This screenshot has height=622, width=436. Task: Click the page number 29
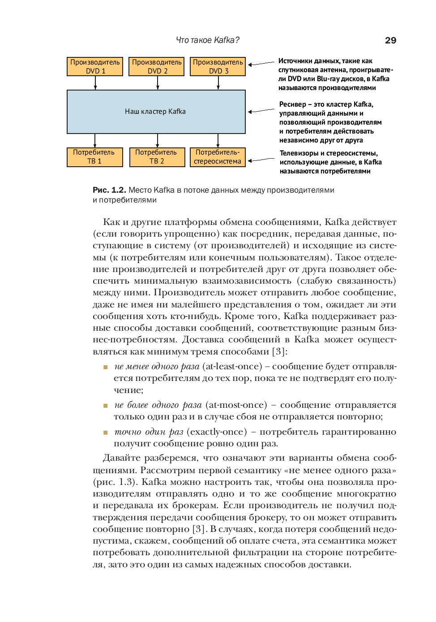click(390, 40)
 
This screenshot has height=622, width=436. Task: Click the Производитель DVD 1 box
click(95, 66)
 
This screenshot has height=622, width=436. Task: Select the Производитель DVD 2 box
click(157, 66)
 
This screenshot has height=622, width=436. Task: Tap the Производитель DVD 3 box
click(218, 66)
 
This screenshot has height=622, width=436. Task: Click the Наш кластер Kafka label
click(155, 112)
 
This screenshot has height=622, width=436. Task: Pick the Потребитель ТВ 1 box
click(94, 157)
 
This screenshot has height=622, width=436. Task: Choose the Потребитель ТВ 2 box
click(157, 157)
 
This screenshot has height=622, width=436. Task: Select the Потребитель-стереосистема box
click(218, 157)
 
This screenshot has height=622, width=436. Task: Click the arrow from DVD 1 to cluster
click(95, 83)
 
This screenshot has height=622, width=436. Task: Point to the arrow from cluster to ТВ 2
click(157, 141)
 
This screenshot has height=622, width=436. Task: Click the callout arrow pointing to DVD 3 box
click(261, 64)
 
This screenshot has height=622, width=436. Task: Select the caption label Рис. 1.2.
click(109, 190)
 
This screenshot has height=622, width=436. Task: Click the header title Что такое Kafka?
click(207, 40)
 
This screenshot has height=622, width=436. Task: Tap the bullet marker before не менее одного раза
click(106, 367)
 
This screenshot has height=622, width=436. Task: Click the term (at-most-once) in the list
click(236, 405)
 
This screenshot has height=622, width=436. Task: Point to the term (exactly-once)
click(217, 432)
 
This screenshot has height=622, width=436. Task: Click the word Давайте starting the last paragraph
click(121, 458)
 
